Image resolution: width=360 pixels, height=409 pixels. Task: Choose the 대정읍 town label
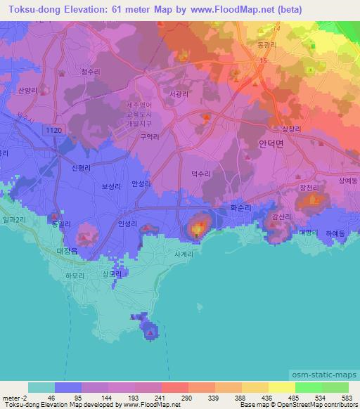tap(69, 249)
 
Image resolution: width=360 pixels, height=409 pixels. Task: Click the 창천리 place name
tap(310, 188)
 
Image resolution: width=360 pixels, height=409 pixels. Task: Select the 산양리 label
tap(27, 91)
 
